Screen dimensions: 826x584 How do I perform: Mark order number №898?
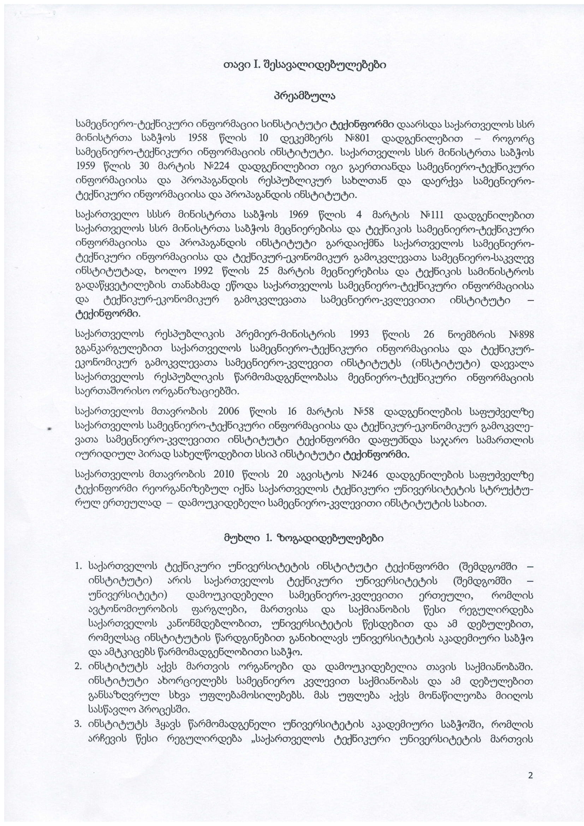pyautogui.click(x=522, y=334)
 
